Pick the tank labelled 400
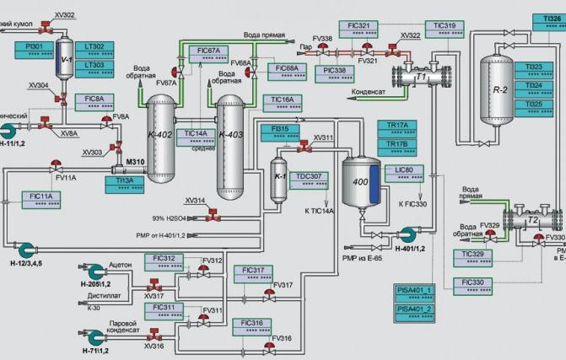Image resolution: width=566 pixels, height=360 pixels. pos(361,180)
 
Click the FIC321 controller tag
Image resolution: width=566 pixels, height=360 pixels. pos(358,30)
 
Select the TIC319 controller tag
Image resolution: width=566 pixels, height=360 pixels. pos(445,30)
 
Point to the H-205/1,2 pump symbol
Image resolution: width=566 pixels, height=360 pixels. pos(94,271)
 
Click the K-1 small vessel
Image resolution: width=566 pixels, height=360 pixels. pos(281,178)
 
